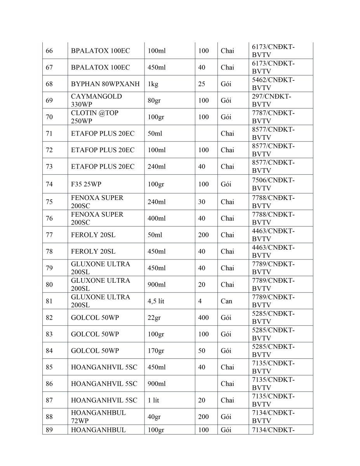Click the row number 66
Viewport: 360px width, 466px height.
click(49, 51)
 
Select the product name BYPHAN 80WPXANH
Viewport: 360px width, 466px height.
click(105, 84)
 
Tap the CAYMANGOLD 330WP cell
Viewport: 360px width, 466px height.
click(96, 100)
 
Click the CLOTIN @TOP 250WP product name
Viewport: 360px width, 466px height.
click(95, 117)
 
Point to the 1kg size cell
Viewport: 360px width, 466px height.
click(152, 84)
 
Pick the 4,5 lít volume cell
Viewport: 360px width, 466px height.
click(156, 301)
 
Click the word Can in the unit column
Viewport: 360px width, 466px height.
click(226, 301)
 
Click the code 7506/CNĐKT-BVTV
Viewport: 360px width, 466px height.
click(273, 184)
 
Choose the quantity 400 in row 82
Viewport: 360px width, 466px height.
click(203, 318)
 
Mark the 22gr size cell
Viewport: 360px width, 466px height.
click(154, 318)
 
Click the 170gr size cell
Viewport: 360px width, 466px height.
click(156, 351)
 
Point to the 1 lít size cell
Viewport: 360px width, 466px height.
click(153, 400)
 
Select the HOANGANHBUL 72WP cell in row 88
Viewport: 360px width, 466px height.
click(98, 417)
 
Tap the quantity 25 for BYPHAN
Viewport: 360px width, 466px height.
click(202, 84)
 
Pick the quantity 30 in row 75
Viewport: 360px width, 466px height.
click(202, 202)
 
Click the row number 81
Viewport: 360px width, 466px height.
click(49, 301)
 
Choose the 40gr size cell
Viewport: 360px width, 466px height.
click(154, 417)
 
